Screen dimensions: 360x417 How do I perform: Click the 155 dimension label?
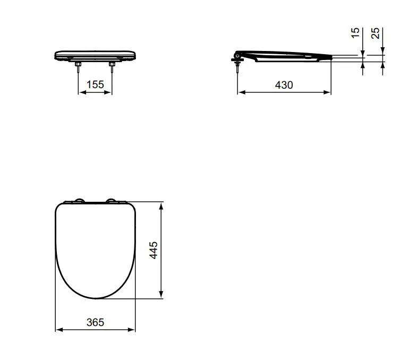96,84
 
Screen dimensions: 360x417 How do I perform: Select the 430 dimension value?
284,84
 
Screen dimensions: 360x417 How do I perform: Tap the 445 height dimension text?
154,250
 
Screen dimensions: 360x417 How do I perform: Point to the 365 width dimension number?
95,322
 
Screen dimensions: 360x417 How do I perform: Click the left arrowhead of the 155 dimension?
81,92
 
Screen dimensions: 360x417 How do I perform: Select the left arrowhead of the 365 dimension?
58,330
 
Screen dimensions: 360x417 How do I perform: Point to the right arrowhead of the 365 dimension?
133,330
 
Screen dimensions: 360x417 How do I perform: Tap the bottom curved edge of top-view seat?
96,297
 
